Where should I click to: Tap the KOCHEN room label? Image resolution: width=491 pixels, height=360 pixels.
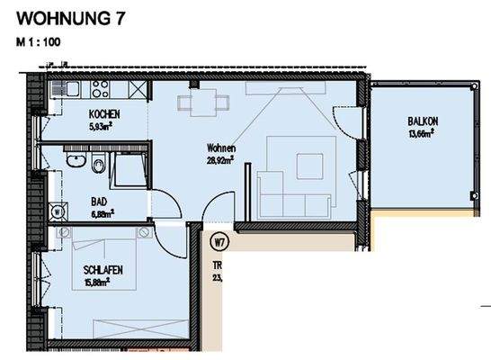pyautogui.click(x=104, y=115)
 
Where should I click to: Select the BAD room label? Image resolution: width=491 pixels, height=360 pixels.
pyautogui.click(x=99, y=202)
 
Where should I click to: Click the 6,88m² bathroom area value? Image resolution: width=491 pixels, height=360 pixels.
pyautogui.click(x=102, y=213)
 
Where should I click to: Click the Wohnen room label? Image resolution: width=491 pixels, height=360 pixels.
pyautogui.click(x=219, y=148)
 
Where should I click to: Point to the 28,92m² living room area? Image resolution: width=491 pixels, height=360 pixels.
pyautogui.click(x=219, y=159)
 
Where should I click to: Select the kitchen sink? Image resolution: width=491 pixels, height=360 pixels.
pyautogui.click(x=67, y=91)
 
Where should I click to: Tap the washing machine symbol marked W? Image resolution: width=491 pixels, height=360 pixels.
pyautogui.click(x=58, y=212)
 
